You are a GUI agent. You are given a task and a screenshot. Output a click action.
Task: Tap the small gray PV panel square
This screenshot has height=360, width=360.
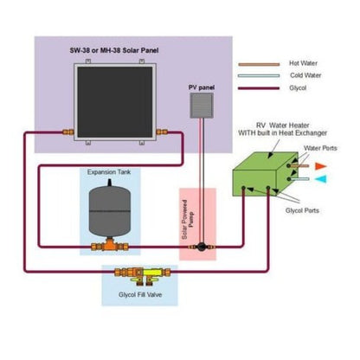point(201,106)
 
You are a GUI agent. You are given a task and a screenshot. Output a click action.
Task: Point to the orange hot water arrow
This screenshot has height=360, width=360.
point(319,165)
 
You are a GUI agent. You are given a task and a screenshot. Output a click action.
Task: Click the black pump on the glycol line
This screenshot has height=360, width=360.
point(201,246)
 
